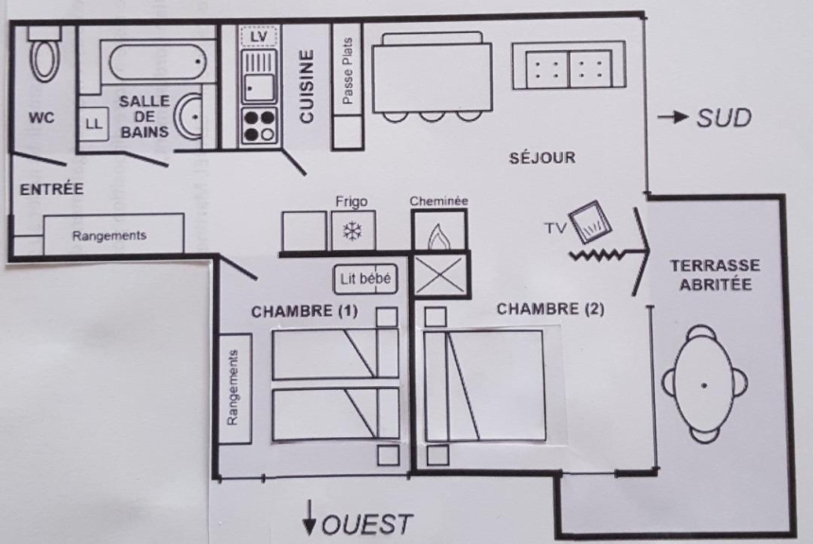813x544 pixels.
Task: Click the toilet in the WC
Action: tap(44, 59)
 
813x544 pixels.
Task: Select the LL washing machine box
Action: tap(93, 123)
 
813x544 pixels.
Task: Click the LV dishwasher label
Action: tap(258, 37)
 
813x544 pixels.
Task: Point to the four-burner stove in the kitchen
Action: tap(258, 127)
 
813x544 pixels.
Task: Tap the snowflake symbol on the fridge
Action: tap(352, 231)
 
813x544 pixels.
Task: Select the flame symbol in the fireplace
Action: tap(439, 233)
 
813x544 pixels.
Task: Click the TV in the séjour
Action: tap(592, 222)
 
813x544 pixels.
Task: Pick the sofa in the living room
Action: tap(570, 67)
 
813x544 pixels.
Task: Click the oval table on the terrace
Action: tap(705, 384)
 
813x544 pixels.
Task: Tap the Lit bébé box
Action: tap(365, 280)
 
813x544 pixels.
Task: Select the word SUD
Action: tap(724, 118)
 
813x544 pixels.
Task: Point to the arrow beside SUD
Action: tap(673, 118)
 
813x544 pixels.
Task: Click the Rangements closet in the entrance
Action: tap(112, 235)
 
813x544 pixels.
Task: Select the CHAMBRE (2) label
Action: tap(550, 308)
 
